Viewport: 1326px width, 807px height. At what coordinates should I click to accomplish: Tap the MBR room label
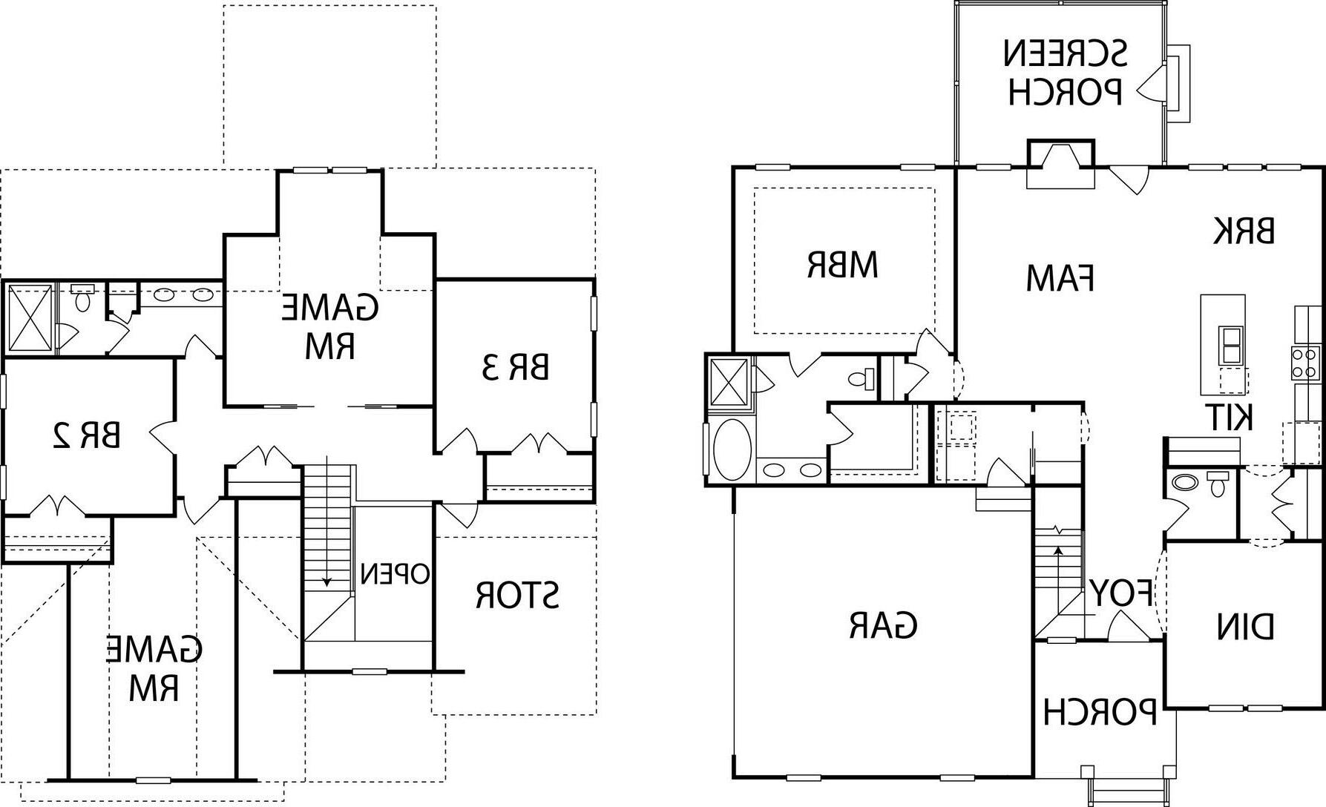[x=842, y=265]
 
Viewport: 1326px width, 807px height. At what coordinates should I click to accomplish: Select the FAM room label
[x=1060, y=279]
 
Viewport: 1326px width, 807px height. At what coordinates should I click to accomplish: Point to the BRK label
[x=1244, y=231]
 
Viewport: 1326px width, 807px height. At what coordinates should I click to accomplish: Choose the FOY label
[x=1120, y=594]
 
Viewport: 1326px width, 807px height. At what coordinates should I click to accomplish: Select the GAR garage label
[x=882, y=625]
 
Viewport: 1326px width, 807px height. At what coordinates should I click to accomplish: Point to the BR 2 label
[x=87, y=435]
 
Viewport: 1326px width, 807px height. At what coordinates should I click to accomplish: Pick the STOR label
[x=518, y=595]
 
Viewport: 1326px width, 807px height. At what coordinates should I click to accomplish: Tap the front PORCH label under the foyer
[x=1100, y=712]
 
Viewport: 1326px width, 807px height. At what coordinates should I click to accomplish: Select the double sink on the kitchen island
[x=1230, y=346]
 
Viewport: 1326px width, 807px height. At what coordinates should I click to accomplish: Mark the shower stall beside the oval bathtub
[x=729, y=382]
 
